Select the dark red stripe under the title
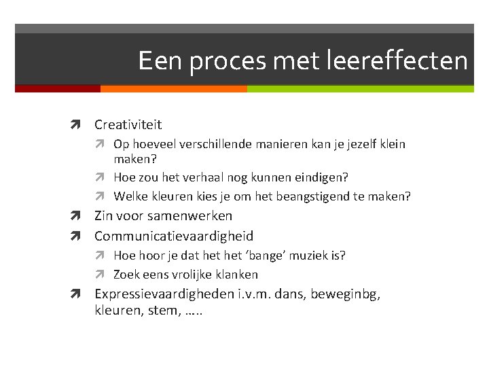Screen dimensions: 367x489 pos(57,88)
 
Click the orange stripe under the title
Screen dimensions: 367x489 pos(173,88)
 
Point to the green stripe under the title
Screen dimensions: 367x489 pos(360,88)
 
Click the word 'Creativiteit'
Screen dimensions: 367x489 pos(128,124)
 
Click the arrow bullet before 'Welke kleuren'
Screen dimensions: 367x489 pos(105,197)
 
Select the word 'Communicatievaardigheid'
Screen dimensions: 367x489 pos(173,236)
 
